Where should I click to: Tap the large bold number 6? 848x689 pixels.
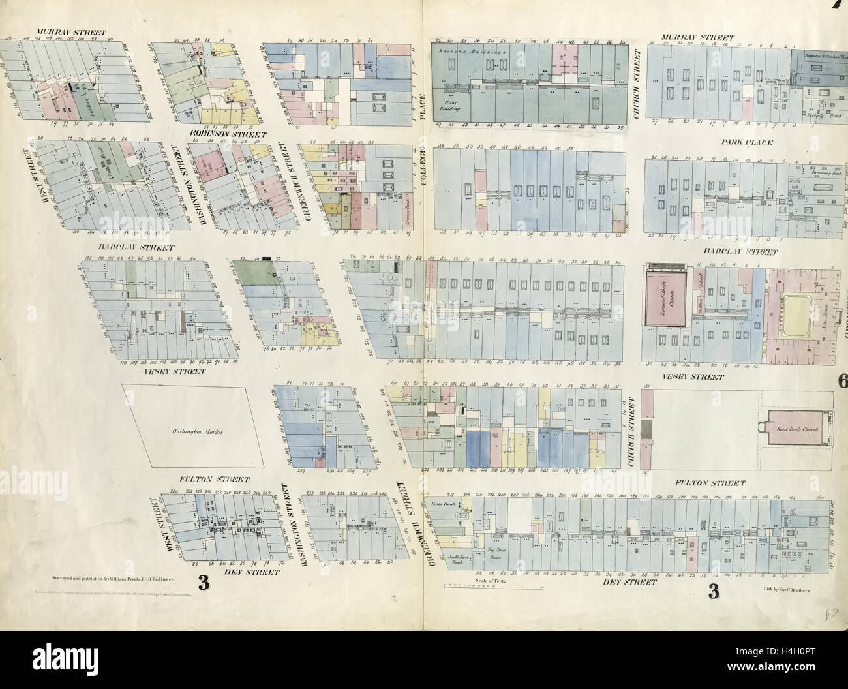point(842,382)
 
